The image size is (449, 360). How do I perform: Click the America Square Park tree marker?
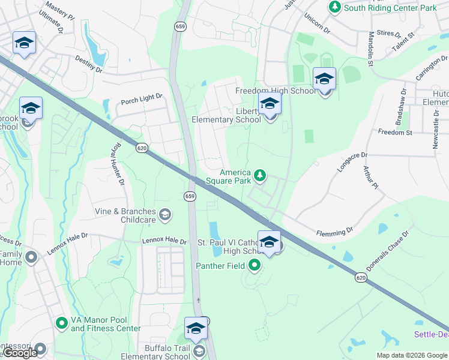pyautogui.click(x=260, y=175)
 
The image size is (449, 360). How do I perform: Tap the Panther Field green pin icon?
pyautogui.click(x=255, y=265)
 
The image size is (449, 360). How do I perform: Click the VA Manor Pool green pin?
pyautogui.click(x=61, y=323)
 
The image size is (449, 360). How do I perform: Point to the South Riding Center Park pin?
pyautogui.click(x=334, y=7)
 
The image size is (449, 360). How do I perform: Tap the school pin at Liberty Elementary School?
pyautogui.click(x=270, y=104)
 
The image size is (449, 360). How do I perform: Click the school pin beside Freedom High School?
pyautogui.click(x=324, y=79)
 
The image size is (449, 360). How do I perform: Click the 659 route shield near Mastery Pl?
pyautogui.click(x=180, y=26)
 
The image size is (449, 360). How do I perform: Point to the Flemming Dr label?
pyautogui.click(x=335, y=231)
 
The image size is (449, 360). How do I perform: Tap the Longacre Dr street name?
pyautogui.click(x=351, y=162)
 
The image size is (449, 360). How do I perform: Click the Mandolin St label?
pyautogui.click(x=371, y=49)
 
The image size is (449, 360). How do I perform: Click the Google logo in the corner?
pyautogui.click(x=20, y=353)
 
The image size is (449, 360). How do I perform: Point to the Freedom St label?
pyautogui.click(x=394, y=132)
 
